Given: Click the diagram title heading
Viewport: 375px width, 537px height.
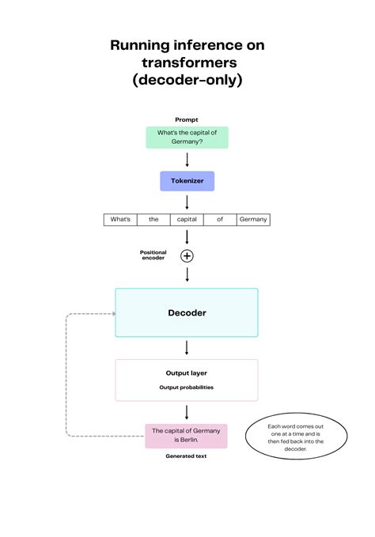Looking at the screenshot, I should click(x=187, y=62).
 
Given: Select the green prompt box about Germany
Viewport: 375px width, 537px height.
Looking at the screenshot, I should click(x=187, y=137).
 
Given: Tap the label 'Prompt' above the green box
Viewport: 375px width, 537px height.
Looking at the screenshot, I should click(x=187, y=119).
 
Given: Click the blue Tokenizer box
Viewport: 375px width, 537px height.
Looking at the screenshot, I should click(x=187, y=180).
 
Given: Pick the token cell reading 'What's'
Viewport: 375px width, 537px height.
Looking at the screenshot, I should click(x=120, y=219).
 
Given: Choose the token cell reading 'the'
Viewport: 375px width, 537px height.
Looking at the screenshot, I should click(x=153, y=219).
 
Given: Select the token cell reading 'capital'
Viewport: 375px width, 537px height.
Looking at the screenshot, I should click(x=187, y=219).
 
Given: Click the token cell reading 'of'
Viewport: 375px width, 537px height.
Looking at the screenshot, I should click(x=220, y=219).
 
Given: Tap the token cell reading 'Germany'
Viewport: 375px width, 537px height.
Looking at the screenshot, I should click(x=253, y=219).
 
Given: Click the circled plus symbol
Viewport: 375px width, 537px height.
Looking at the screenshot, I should click(x=187, y=255).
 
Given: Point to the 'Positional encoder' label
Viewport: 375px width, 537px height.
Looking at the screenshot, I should click(x=153, y=255).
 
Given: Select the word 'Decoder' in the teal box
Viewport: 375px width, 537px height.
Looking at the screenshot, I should click(x=187, y=313).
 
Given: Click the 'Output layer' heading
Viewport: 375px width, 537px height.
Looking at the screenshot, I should click(x=187, y=372).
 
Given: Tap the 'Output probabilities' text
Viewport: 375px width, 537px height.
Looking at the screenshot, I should click(x=187, y=388).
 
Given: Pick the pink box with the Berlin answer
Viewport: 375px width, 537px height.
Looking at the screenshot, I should click(x=186, y=435).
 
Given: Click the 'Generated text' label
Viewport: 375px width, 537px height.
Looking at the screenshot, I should click(x=187, y=456).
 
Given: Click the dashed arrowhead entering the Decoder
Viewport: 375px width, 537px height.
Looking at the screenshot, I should click(x=112, y=314).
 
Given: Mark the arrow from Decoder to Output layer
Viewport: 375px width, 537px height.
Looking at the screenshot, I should click(x=187, y=348).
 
